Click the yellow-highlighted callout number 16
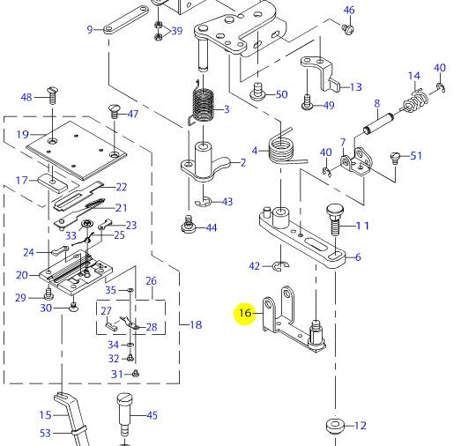click(x=244, y=313)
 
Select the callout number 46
click(x=349, y=11)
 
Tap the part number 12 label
click(x=360, y=426)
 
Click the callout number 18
click(x=196, y=325)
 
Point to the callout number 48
click(x=26, y=97)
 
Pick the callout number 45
click(x=152, y=415)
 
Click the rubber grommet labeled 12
click(x=336, y=426)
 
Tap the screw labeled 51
click(x=394, y=158)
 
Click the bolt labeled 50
click(x=259, y=89)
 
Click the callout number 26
click(x=151, y=282)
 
